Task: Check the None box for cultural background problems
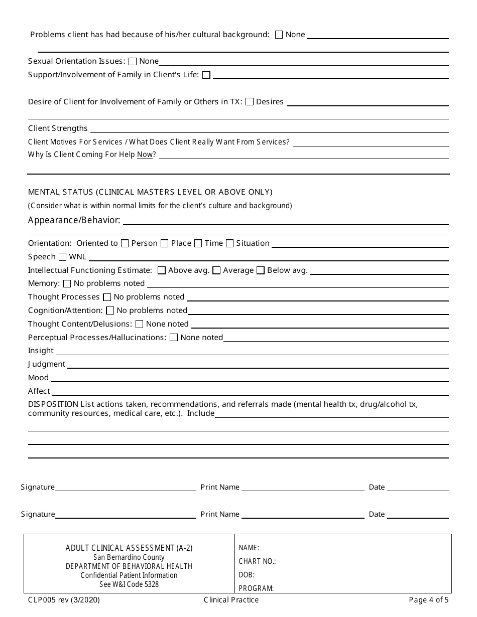pyautogui.click(x=279, y=35)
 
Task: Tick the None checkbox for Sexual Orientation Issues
pyautogui.click(x=133, y=61)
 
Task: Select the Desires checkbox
pyautogui.click(x=250, y=102)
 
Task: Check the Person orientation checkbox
pyautogui.click(x=125, y=243)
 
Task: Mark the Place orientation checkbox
pyautogui.click(x=165, y=243)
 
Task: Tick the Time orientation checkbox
pyautogui.click(x=198, y=243)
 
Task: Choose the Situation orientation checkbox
pyautogui.click(x=229, y=243)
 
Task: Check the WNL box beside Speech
pyautogui.click(x=62, y=257)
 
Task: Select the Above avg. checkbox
pyautogui.click(x=162, y=270)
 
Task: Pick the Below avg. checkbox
pyautogui.click(x=261, y=270)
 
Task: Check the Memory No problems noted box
pyautogui.click(x=67, y=284)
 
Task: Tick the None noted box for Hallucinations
pyautogui.click(x=174, y=338)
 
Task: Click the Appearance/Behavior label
pyautogui.click(x=74, y=220)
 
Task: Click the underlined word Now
pyautogui.click(x=145, y=155)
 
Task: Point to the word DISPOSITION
pyautogui.click(x=53, y=404)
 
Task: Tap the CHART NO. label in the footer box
pyautogui.click(x=257, y=561)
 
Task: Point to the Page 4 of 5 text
pyautogui.click(x=429, y=600)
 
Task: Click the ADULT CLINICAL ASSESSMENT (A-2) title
pyautogui.click(x=129, y=548)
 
